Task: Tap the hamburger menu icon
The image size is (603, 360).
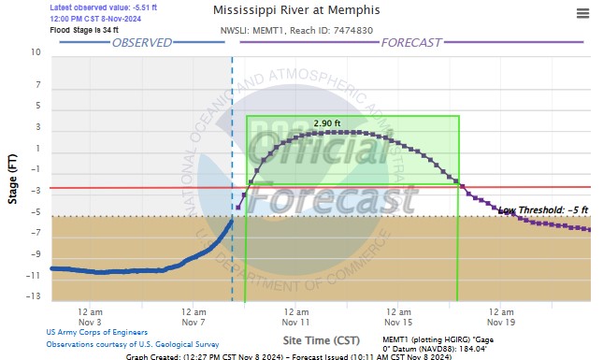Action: pos(583,13)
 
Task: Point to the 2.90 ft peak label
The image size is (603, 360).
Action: pos(327,123)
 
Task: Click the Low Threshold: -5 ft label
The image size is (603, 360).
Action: pos(543,210)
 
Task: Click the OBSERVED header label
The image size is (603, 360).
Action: pos(142,42)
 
